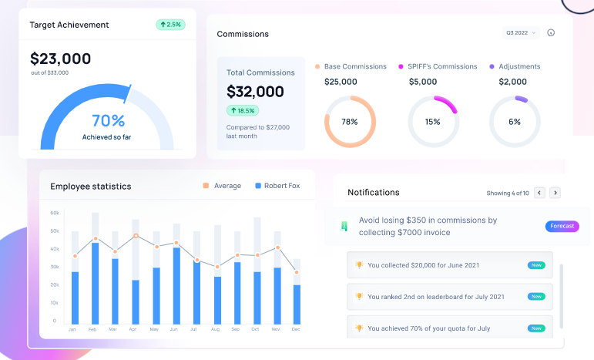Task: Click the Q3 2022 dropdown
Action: pos(522,33)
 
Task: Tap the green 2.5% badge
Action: pos(170,25)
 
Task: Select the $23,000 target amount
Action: pos(60,59)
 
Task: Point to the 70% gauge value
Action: pos(108,121)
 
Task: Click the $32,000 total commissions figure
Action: pos(255,92)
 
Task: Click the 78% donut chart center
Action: pos(349,122)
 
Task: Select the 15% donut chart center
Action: pos(432,122)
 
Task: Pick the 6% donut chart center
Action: pos(515,122)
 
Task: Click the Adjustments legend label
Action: pos(519,66)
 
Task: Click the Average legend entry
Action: pos(227,186)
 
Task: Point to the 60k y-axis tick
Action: pos(55,212)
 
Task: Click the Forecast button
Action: pos(562,226)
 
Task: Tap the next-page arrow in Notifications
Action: pos(555,193)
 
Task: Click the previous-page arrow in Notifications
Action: pos(539,193)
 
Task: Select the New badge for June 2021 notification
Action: pos(536,265)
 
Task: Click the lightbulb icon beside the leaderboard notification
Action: pos(358,296)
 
